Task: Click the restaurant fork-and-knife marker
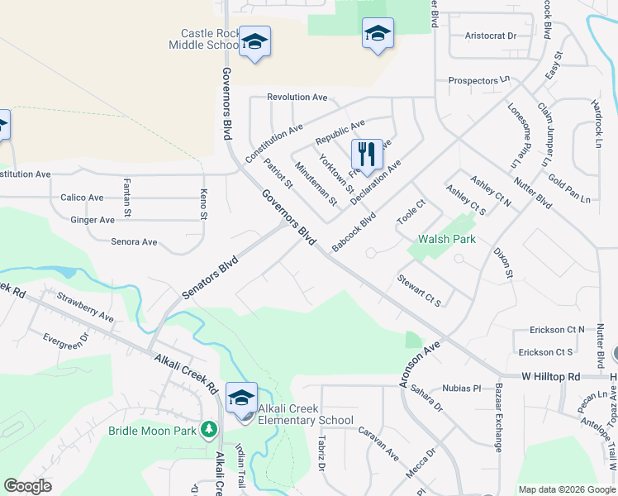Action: pos(367,155)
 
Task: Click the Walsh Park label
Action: pos(447,239)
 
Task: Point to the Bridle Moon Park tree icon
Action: pos(209,430)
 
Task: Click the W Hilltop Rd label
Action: pos(550,376)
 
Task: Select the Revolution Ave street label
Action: pos(297,98)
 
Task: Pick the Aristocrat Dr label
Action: pos(490,36)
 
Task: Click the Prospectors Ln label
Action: pos(478,81)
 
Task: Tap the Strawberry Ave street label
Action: pos(85,305)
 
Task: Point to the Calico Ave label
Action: pos(82,198)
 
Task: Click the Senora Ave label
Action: pos(134,242)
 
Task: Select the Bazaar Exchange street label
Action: pos(498,417)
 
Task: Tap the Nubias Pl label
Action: pos(460,388)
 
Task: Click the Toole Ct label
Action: pos(411,214)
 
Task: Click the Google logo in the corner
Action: pos(27,486)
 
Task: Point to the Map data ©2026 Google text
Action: pos(567,489)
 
